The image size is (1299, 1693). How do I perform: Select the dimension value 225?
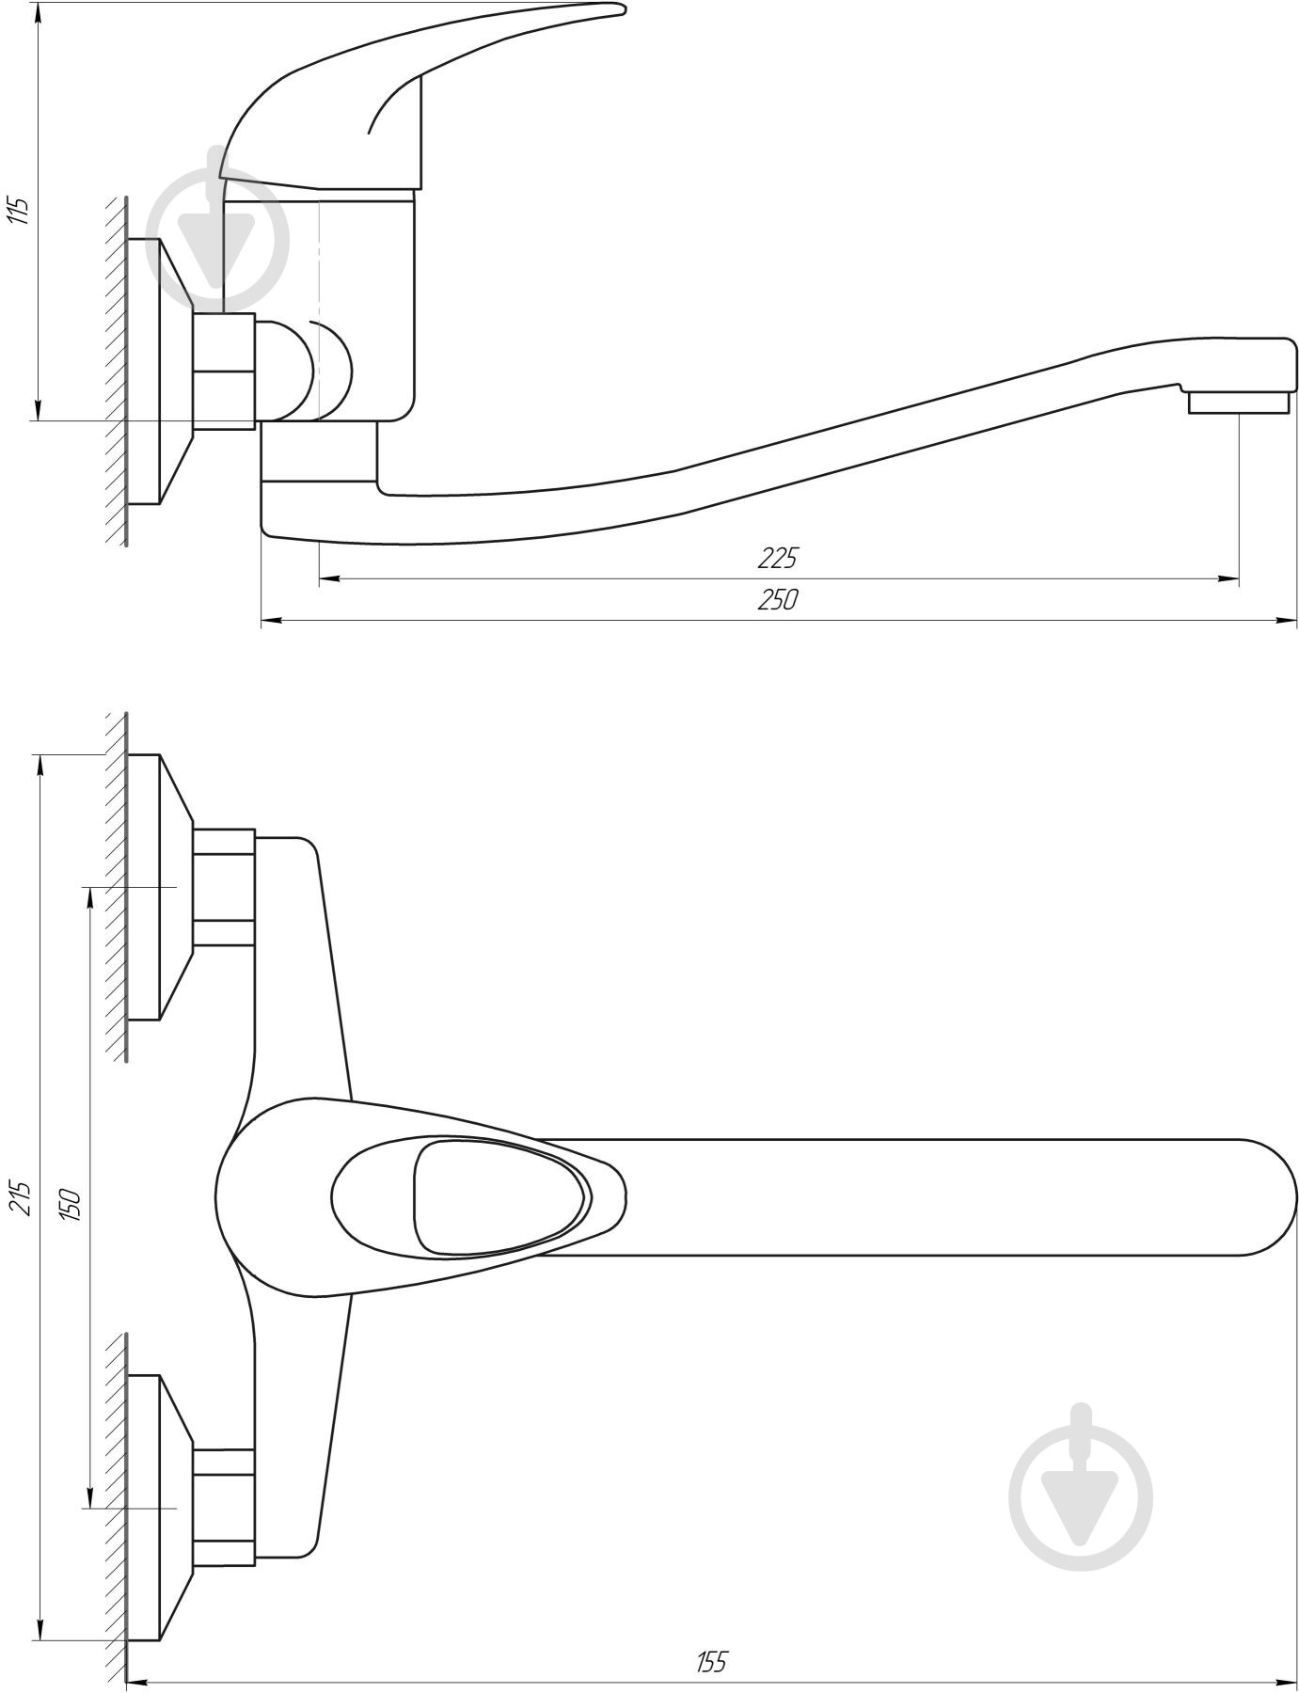coord(777,559)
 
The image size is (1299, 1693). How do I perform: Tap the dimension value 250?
coord(777,599)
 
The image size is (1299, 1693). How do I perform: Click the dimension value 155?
coord(711,1663)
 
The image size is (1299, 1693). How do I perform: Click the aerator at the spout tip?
coord(1237,403)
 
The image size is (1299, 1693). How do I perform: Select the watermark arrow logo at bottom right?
coord(1082,1486)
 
